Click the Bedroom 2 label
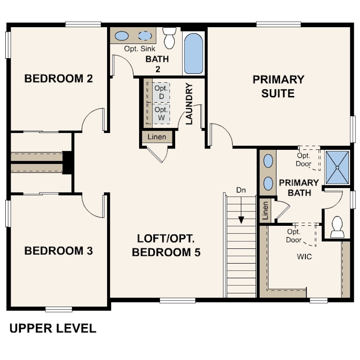coord(59,79)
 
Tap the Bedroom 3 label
coord(59,251)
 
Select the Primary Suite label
coord(278,86)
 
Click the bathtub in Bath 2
coord(193,53)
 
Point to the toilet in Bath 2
coord(169,38)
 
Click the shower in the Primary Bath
coord(337,168)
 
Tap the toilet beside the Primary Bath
coord(337,227)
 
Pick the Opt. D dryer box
coord(161,92)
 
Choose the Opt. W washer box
coord(161,114)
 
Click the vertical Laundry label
coord(189,104)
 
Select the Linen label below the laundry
coord(157,137)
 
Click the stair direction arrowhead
coord(241,220)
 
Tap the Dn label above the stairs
coord(241,190)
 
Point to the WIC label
coord(304,256)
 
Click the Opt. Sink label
coord(140,49)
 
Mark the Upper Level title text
coord(53,328)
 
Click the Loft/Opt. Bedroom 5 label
coord(166,245)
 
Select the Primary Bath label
coord(299,188)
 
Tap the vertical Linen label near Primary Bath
coord(265,211)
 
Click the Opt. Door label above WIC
coord(294,236)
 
